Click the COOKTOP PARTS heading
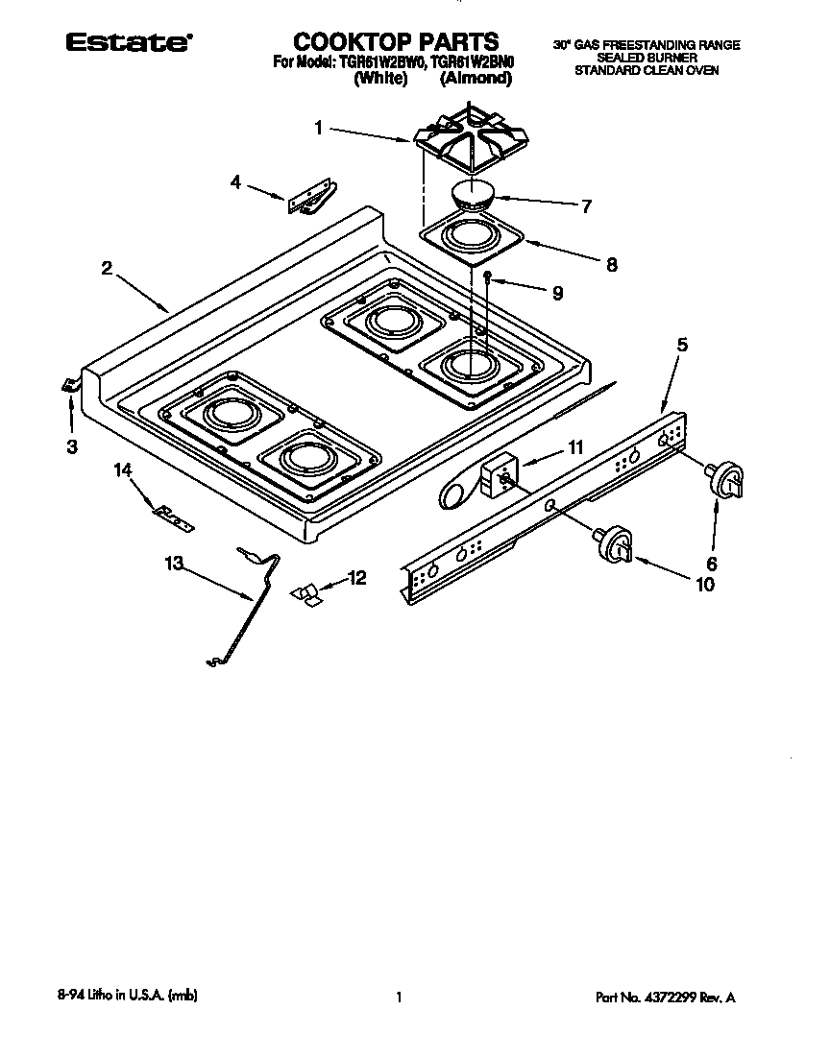point(396,41)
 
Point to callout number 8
point(612,265)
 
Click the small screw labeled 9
point(488,277)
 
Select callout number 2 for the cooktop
point(108,268)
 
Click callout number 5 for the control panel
point(682,344)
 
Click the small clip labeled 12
point(310,594)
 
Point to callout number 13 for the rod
point(173,565)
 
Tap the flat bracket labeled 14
point(173,517)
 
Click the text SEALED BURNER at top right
point(647,58)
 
